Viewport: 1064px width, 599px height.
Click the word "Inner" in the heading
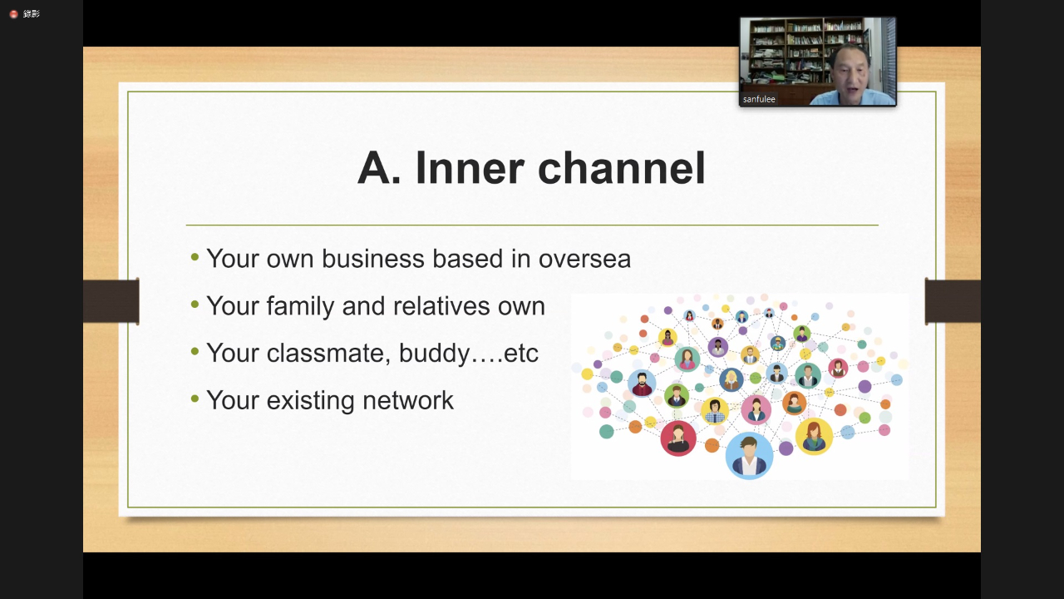tap(470, 168)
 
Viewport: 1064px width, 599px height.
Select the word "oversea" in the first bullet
tap(584, 259)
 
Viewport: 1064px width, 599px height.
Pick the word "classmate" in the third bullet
tap(328, 354)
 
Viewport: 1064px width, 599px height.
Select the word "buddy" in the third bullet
tap(434, 354)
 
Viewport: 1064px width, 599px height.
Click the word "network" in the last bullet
tap(408, 400)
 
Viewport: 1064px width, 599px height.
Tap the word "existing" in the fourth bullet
tap(310, 401)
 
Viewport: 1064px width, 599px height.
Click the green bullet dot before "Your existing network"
tap(195, 399)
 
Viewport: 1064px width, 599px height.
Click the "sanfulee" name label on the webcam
tap(759, 99)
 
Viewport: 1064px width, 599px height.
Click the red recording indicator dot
tap(14, 14)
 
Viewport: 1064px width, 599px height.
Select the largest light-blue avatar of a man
tap(749, 455)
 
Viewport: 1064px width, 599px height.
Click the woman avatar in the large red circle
tap(678, 438)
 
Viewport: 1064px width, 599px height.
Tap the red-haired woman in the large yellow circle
tap(814, 437)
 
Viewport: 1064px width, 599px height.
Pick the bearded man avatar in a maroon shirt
tap(642, 384)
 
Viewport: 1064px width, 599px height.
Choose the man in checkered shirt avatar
tap(715, 411)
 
